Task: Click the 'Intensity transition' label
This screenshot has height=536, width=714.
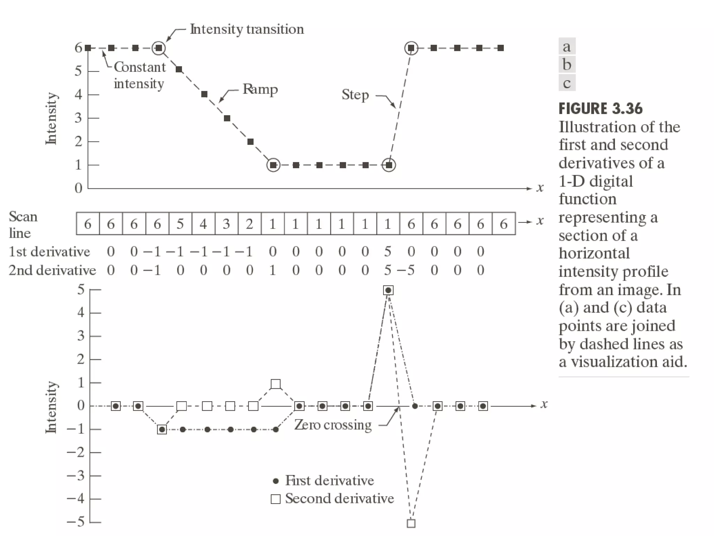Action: [x=246, y=29]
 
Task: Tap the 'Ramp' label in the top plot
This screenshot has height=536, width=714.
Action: [x=260, y=89]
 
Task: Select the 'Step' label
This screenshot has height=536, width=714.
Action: [x=355, y=95]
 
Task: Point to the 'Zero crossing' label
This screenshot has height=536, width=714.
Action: [x=333, y=425]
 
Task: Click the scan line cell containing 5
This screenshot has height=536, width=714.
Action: [x=180, y=224]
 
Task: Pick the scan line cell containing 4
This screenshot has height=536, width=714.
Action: [x=203, y=224]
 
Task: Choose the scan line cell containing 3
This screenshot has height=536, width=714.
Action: [x=226, y=224]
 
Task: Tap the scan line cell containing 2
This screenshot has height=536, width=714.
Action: [x=249, y=224]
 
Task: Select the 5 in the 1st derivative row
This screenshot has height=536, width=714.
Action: [x=388, y=252]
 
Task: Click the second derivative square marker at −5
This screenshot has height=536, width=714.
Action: [x=411, y=523]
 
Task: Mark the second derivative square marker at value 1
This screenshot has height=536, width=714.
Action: [x=275, y=384]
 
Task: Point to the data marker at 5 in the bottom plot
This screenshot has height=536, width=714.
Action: [x=388, y=290]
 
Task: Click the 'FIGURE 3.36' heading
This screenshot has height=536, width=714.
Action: [x=600, y=109]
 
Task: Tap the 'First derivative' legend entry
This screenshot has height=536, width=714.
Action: [x=329, y=481]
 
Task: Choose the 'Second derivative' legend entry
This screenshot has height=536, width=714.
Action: [x=339, y=498]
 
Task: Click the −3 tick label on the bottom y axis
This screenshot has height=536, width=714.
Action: [x=76, y=475]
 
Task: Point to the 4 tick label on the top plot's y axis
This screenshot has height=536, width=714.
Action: [x=78, y=95]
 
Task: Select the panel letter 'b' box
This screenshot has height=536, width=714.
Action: [x=567, y=65]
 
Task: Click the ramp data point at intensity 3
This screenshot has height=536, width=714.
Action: [x=227, y=118]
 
